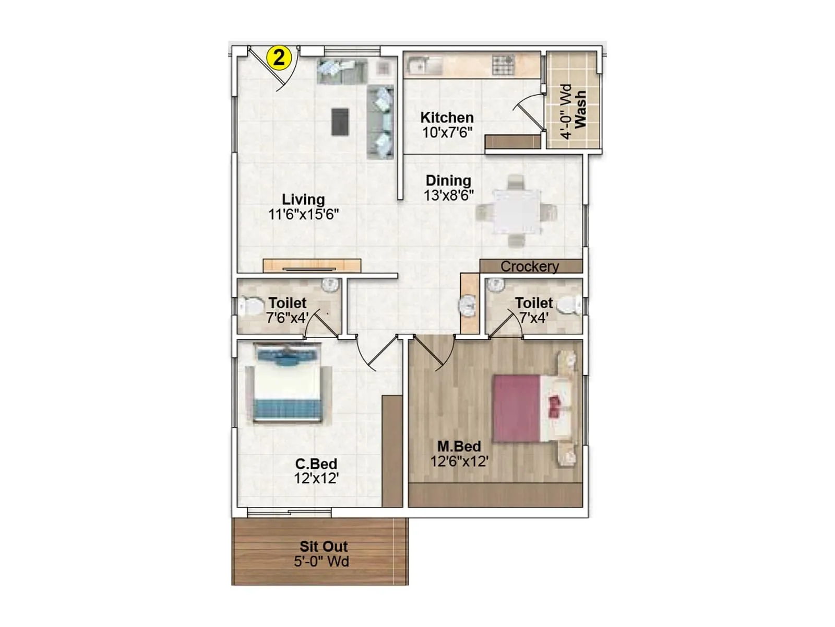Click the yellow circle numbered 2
pos(279,57)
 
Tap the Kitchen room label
pos(447,118)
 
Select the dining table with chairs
pos(516,211)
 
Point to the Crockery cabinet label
pos(530,266)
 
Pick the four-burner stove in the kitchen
pos(503,65)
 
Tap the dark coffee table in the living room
pos(340,122)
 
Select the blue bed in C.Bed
pos(287,384)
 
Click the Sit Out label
pos(324,547)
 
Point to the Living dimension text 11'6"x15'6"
pos(303,214)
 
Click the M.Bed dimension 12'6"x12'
pos(459,461)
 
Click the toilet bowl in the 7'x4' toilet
pos(570,306)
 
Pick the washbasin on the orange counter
pos(468,305)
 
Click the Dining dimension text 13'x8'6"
pos(448,195)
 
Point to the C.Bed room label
pos(316,463)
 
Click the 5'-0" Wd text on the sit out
pos(321,562)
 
